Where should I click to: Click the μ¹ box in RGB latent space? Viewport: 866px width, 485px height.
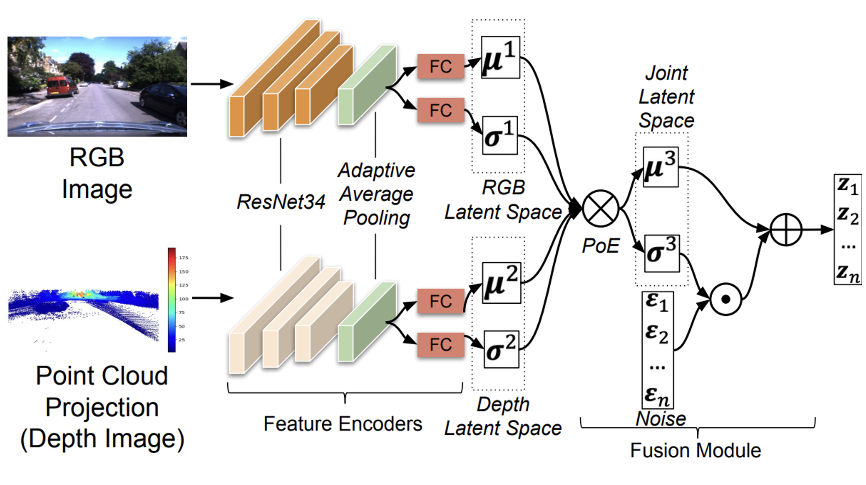(x=500, y=57)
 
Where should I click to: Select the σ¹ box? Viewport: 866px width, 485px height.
(x=500, y=135)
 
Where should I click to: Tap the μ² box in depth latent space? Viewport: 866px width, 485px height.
(x=502, y=283)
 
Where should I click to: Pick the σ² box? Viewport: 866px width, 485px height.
(x=501, y=349)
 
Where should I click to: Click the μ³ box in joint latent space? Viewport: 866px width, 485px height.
(x=660, y=167)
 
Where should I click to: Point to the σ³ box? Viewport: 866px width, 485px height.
(x=662, y=253)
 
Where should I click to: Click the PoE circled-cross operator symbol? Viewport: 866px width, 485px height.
(x=600, y=209)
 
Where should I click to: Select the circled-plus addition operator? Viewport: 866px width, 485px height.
(x=785, y=229)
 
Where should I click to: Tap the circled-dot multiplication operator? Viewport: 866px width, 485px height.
(x=725, y=299)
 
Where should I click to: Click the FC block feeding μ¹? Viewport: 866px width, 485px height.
(x=440, y=66)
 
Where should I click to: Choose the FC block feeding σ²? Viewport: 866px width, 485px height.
(x=440, y=345)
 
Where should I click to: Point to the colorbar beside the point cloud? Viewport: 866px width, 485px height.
(x=171, y=300)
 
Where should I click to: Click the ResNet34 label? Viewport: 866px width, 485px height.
(x=281, y=202)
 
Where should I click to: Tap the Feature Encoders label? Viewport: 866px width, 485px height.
(x=343, y=423)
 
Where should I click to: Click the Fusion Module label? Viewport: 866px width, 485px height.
(x=695, y=450)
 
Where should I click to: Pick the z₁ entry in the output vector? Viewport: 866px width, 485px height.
(x=847, y=186)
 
